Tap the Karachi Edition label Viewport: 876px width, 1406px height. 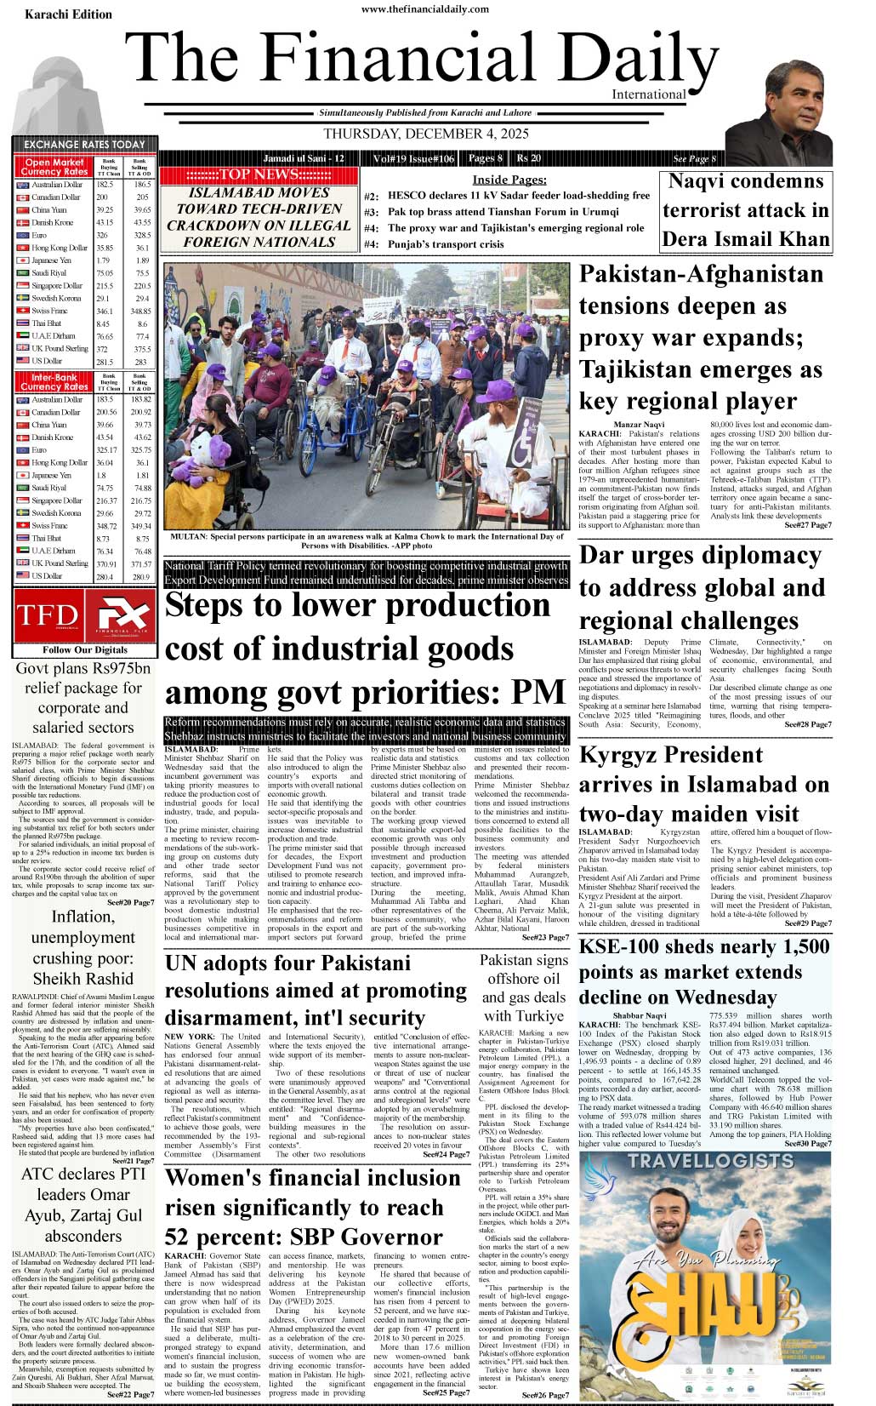pyautogui.click(x=68, y=14)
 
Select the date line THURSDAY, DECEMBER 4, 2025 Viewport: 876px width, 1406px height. pyautogui.click(x=426, y=134)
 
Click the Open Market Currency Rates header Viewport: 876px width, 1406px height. pyautogui.click(x=54, y=167)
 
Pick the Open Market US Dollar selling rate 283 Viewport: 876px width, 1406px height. pyautogui.click(x=141, y=362)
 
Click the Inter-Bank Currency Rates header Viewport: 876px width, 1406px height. pyautogui.click(x=54, y=381)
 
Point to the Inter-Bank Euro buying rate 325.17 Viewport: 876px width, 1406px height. pyautogui.click(x=106, y=450)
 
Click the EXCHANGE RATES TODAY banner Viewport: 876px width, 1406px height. pyautogui.click(x=83, y=145)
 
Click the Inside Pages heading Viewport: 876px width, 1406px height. pyautogui.click(x=509, y=180)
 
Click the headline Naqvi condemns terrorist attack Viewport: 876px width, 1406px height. pyautogui.click(x=746, y=210)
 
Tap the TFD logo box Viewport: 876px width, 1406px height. pyautogui.click(x=47, y=615)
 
